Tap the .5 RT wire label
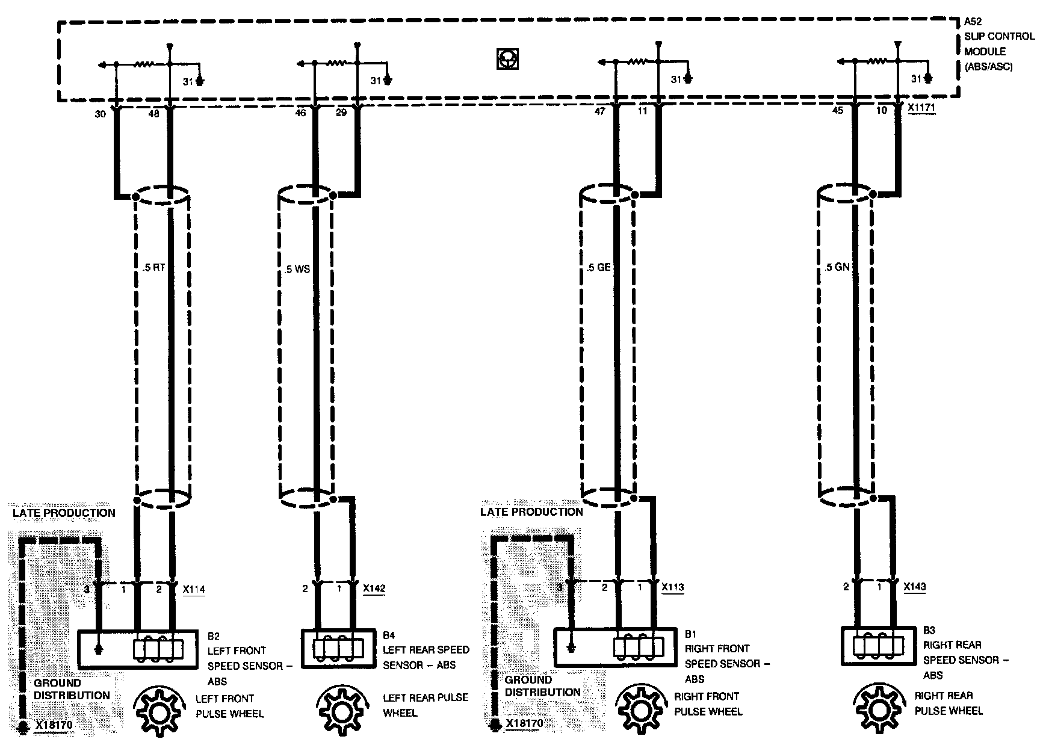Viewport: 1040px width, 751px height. (x=154, y=268)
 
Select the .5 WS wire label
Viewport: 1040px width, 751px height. (x=297, y=269)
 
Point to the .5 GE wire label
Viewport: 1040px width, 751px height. (x=598, y=267)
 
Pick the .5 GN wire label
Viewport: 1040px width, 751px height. (x=837, y=267)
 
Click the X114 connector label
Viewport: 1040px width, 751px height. (x=194, y=590)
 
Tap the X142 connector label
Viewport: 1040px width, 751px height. (x=374, y=589)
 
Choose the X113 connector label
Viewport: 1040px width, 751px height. (x=673, y=587)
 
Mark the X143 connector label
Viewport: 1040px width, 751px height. (x=915, y=587)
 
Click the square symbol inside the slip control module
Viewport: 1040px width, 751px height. (x=508, y=59)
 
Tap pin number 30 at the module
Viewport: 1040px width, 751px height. (x=100, y=113)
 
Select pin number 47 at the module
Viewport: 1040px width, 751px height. (x=599, y=112)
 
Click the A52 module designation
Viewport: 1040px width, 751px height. (x=973, y=21)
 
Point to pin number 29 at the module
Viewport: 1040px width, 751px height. (x=341, y=112)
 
